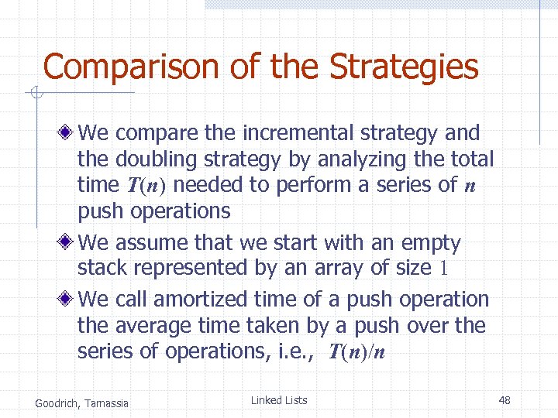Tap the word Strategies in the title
(404, 67)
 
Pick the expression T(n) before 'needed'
(146, 186)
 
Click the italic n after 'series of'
(469, 186)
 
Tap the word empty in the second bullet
(431, 243)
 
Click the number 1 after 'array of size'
(444, 269)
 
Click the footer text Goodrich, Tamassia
(82, 402)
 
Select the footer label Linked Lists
(279, 400)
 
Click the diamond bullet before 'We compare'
(69, 133)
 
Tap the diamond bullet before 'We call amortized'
(69, 300)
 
